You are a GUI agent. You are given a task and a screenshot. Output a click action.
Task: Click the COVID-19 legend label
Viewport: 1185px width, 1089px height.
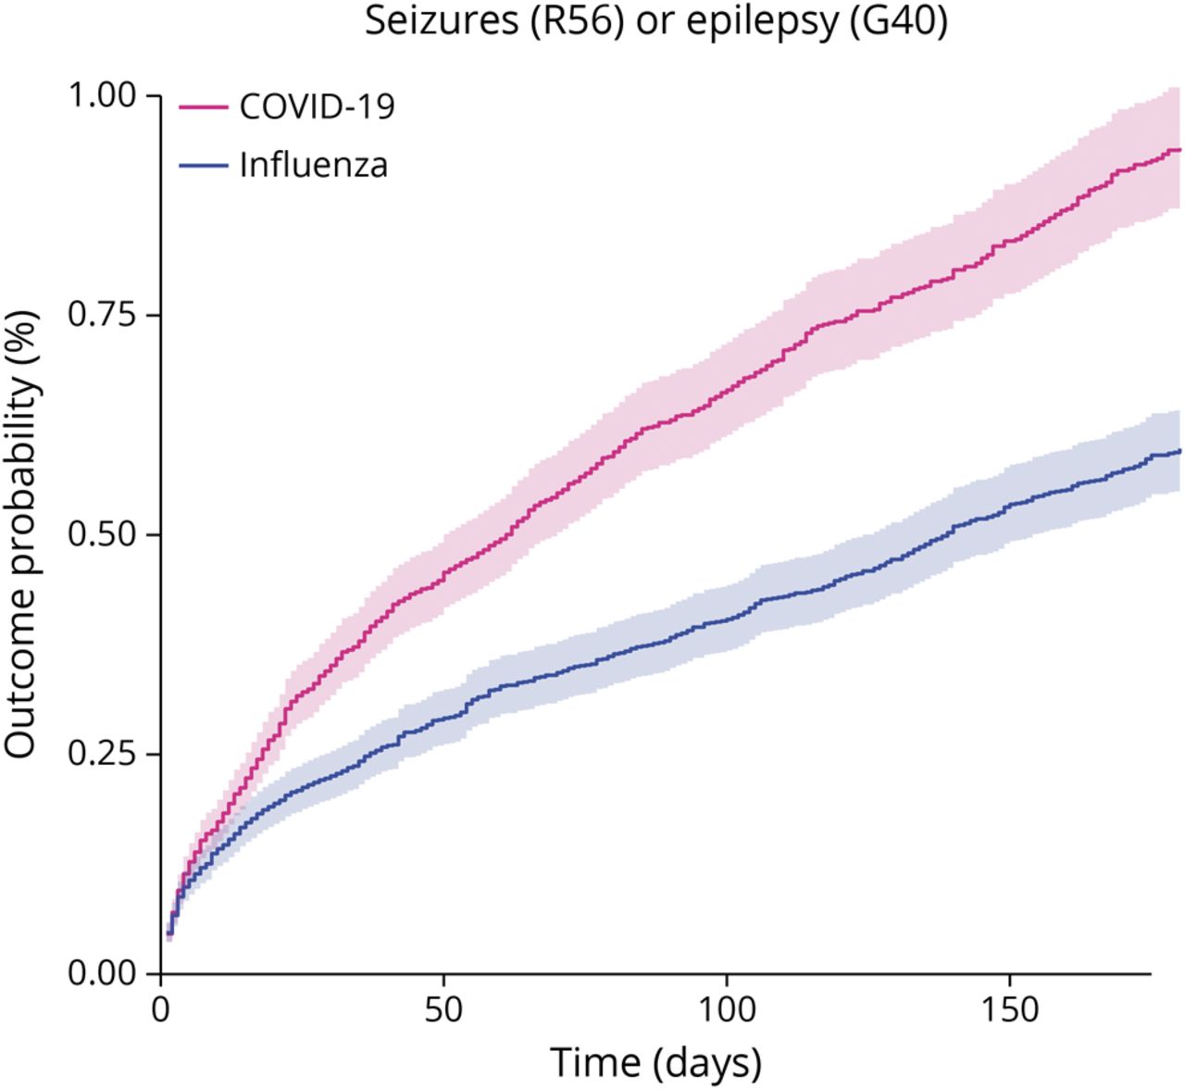pos(317,106)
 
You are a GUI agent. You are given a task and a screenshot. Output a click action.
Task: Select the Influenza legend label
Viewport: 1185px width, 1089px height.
pos(313,165)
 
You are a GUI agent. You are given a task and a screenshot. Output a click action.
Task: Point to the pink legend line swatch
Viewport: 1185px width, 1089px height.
pos(203,106)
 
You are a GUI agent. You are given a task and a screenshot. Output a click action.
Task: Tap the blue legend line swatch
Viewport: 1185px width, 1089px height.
pos(203,166)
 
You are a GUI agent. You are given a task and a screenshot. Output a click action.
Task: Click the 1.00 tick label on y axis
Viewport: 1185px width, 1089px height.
pos(102,94)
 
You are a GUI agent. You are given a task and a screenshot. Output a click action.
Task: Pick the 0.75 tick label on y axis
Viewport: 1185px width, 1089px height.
pos(102,315)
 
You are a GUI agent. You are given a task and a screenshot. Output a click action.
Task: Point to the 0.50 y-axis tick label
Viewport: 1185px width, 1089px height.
pos(102,534)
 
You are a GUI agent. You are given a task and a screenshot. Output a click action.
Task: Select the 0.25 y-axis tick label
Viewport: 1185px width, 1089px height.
pos(102,754)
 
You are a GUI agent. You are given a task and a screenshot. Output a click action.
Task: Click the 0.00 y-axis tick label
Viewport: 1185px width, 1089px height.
pos(102,973)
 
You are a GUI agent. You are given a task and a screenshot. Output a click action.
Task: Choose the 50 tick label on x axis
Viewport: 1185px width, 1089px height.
pos(443,1008)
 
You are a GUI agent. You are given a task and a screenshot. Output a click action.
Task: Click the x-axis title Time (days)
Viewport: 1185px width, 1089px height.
pos(655,1061)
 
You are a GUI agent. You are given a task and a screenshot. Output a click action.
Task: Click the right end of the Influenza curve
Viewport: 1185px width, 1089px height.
pos(1179,451)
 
